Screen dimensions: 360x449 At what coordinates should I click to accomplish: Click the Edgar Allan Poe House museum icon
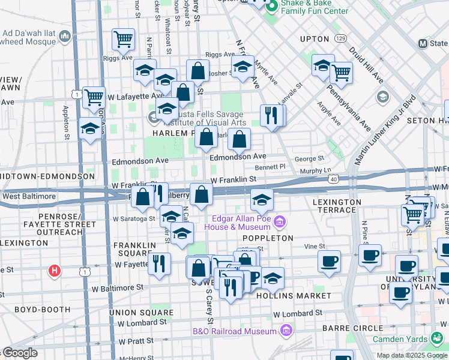pyautogui.click(x=279, y=223)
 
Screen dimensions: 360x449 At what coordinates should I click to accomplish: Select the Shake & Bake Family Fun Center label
pyautogui.click(x=315, y=7)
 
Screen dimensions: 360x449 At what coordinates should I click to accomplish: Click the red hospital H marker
pyautogui.click(x=55, y=271)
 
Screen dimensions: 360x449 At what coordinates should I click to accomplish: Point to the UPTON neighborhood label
pyautogui.click(x=315, y=39)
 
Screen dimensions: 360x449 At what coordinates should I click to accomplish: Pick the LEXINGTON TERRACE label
pyautogui.click(x=334, y=206)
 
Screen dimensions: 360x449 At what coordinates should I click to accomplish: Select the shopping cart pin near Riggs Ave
pyautogui.click(x=123, y=40)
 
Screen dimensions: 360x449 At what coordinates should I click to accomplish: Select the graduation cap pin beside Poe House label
pyautogui.click(x=261, y=200)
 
